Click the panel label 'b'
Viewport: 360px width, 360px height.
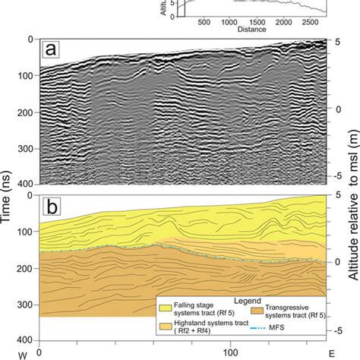[51, 205]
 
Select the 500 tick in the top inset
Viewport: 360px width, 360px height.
[204, 24]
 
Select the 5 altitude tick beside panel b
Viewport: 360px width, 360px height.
[339, 194]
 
